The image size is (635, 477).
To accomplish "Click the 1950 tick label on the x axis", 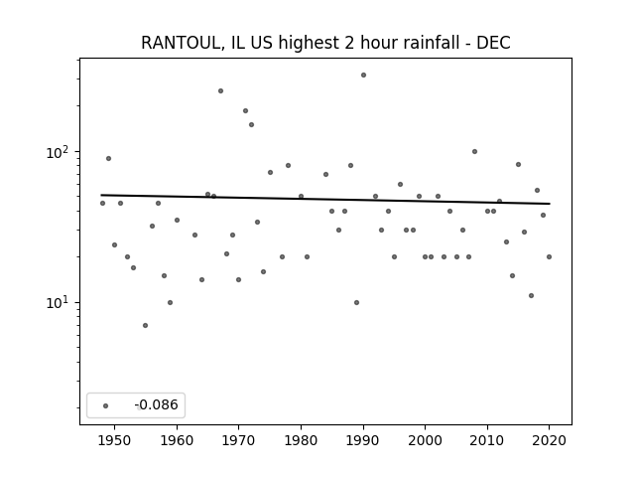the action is click(x=115, y=440).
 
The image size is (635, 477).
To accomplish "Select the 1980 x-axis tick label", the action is click(x=301, y=440).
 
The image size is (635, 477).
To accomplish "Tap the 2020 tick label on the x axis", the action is click(x=549, y=440).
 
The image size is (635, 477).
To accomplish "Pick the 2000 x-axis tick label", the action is click(x=426, y=440).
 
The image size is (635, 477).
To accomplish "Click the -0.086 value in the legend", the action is click(x=157, y=404).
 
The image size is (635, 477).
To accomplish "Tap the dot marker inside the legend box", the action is click(x=106, y=405).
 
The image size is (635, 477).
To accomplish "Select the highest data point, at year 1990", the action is click(x=364, y=76).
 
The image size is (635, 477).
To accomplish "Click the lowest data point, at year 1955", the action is click(x=146, y=325).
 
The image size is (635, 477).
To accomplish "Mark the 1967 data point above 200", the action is click(x=220, y=90).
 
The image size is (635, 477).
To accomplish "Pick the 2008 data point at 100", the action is click(x=474, y=152).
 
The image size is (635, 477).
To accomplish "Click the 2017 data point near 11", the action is click(x=532, y=296).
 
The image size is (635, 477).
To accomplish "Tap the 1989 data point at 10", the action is click(x=357, y=302).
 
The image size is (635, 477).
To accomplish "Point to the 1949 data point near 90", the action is click(x=108, y=159).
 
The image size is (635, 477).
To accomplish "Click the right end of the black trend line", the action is click(x=550, y=204).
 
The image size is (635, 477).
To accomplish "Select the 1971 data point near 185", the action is click(x=245, y=110).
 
